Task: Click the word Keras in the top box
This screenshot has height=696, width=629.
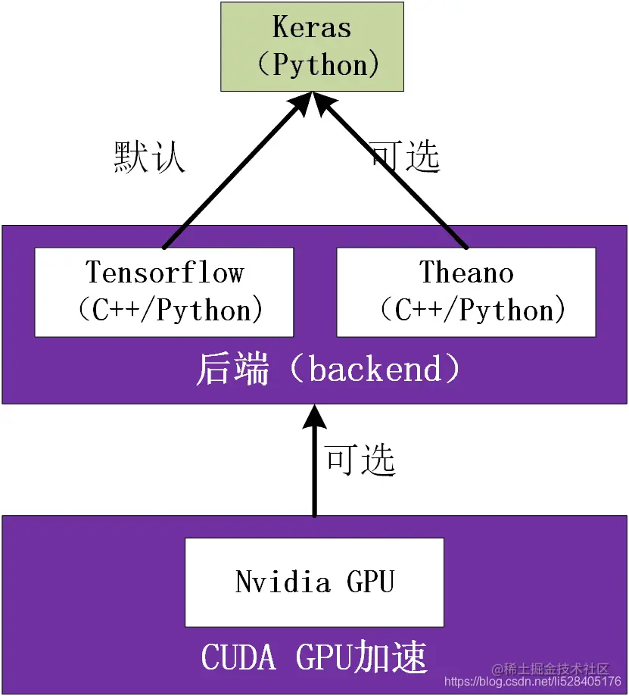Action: pos(312,28)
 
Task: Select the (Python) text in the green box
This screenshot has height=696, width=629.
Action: pos(317,65)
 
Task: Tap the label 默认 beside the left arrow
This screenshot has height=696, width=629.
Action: pos(149,158)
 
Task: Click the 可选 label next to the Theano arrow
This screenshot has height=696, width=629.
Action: pos(405,156)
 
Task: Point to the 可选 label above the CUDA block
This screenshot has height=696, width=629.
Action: pos(360,459)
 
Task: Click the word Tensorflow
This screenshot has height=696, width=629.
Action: pos(164,273)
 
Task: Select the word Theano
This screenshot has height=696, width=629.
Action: pos(466,273)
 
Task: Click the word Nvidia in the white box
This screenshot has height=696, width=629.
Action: pos(282,582)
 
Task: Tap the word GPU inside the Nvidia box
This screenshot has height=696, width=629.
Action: pos(370,582)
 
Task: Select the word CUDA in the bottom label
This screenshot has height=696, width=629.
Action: pos(238,657)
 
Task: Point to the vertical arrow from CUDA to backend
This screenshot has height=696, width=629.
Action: pos(315,462)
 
